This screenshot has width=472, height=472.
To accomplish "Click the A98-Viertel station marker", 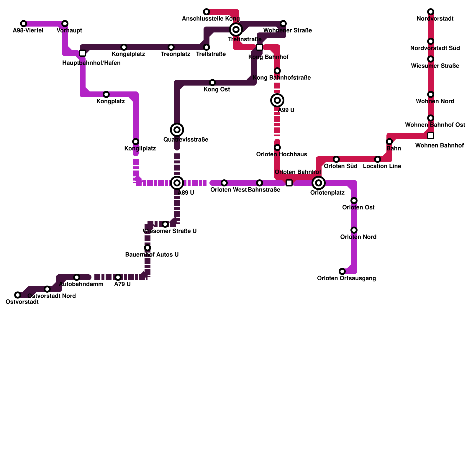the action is [24, 24].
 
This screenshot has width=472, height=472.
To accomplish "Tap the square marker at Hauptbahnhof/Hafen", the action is [83, 53].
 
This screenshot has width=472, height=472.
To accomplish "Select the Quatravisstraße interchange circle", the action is [177, 130].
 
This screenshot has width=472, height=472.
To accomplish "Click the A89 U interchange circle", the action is [177, 183].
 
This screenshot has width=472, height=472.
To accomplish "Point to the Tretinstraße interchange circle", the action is [236, 29].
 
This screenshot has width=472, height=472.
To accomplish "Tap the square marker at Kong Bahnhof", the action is [260, 47].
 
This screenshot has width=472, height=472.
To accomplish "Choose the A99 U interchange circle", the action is [277, 100].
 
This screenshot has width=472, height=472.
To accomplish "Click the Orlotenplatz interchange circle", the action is [319, 183].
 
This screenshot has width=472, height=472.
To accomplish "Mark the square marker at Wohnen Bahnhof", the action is [431, 136].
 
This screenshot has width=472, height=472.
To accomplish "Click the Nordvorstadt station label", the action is [435, 19].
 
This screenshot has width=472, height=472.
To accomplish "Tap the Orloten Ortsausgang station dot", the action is [342, 271].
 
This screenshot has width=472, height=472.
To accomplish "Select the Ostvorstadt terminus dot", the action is [18, 295].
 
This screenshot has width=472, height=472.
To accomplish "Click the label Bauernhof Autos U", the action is [152, 255].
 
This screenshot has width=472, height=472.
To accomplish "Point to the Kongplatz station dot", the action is [106, 94].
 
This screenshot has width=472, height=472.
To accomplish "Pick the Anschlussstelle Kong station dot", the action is [206, 12].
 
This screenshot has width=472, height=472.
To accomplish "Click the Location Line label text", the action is [382, 166].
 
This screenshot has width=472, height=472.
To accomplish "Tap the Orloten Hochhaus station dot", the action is [277, 147].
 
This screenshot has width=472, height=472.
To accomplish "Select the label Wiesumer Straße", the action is [435, 66].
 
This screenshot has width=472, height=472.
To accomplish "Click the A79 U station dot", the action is [118, 277].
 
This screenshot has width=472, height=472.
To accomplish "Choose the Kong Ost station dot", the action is [212, 83].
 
